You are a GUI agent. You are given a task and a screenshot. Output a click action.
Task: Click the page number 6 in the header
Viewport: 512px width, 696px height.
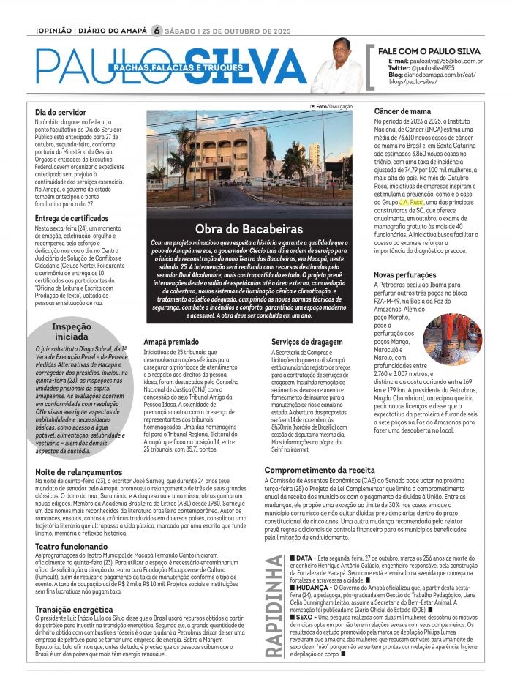[156, 31]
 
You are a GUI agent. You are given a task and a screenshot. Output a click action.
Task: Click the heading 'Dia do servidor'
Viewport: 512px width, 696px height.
[61, 112]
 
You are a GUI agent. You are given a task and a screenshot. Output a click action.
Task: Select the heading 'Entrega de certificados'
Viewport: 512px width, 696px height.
[77, 218]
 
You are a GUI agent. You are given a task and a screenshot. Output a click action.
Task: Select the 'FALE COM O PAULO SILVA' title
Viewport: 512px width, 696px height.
[429, 50]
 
